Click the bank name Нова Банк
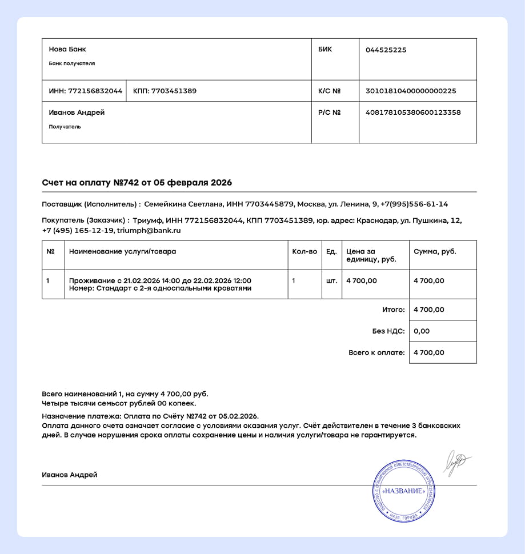point(67,49)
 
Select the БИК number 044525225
point(386,50)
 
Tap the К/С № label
point(329,91)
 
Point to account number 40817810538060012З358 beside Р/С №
point(412,113)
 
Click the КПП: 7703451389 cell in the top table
point(165,91)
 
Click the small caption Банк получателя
point(72,63)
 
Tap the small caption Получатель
point(65,127)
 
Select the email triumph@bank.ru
point(149,231)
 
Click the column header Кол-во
point(304,251)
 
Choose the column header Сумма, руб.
point(435,251)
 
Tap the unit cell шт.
point(331,281)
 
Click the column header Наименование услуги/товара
point(122,251)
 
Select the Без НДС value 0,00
point(421,331)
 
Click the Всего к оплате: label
point(376,353)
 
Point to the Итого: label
point(393,310)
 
